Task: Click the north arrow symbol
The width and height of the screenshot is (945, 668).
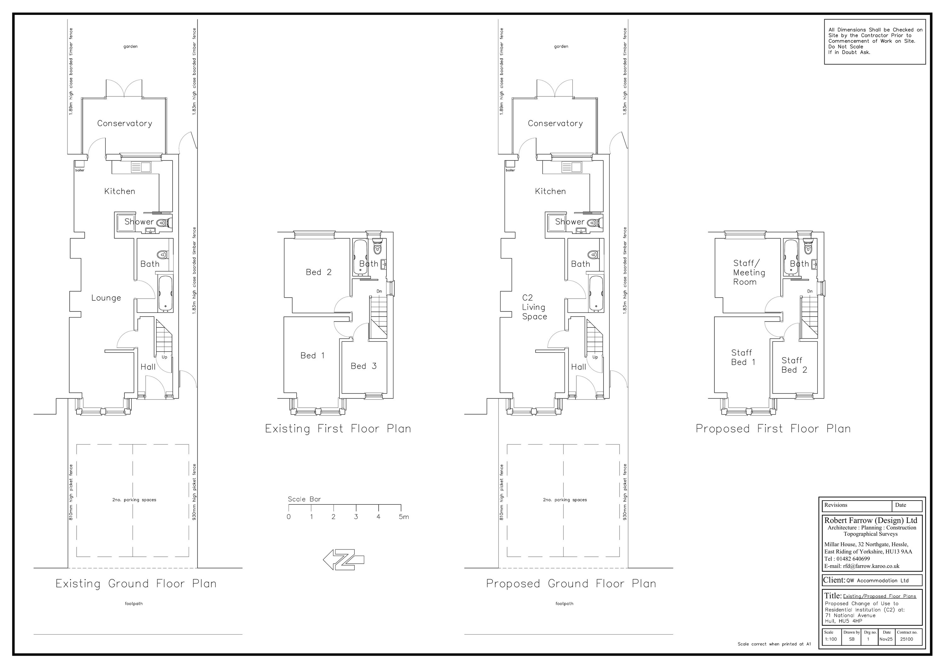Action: pos(344,559)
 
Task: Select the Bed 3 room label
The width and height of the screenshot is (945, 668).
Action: pos(364,366)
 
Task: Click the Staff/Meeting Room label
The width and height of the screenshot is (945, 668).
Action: pos(749,272)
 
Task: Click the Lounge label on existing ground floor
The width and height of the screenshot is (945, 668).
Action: pos(106,298)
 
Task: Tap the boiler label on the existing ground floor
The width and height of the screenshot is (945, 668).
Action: pos(79,170)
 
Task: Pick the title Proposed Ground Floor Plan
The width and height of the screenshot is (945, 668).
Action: pos(571,584)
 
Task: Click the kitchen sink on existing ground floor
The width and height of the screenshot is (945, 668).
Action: pos(141,167)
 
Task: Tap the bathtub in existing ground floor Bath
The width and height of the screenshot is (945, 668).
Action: pos(165,293)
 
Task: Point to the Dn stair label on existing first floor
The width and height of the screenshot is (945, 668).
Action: pos(379,291)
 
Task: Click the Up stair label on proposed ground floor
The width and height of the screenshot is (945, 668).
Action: pos(595,357)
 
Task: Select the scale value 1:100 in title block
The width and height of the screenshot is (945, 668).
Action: pos(831,639)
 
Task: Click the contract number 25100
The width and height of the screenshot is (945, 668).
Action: pos(906,639)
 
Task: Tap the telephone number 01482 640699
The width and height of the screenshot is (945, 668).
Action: pos(853,559)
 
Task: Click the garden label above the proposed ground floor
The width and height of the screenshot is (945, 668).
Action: pos(561,47)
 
